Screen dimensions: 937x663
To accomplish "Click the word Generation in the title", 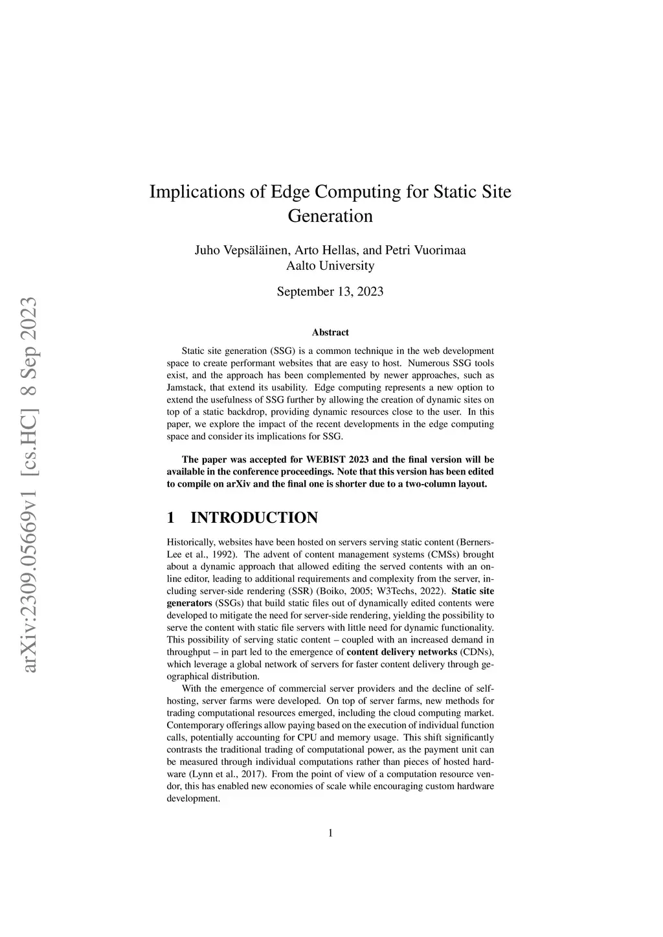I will coord(330,216).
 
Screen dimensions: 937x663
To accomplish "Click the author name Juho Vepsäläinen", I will coord(240,250).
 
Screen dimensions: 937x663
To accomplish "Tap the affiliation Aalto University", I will coord(330,265).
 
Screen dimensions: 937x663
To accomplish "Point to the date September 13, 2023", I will coord(330,292).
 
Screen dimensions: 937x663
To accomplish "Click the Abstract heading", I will coord(330,333).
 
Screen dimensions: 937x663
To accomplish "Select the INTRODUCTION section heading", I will coord(254,518).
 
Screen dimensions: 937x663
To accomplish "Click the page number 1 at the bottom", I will coord(331,833).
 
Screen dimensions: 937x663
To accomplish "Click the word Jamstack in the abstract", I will coord(186,388).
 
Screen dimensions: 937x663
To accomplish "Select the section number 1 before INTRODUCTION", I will coord(171,518).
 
